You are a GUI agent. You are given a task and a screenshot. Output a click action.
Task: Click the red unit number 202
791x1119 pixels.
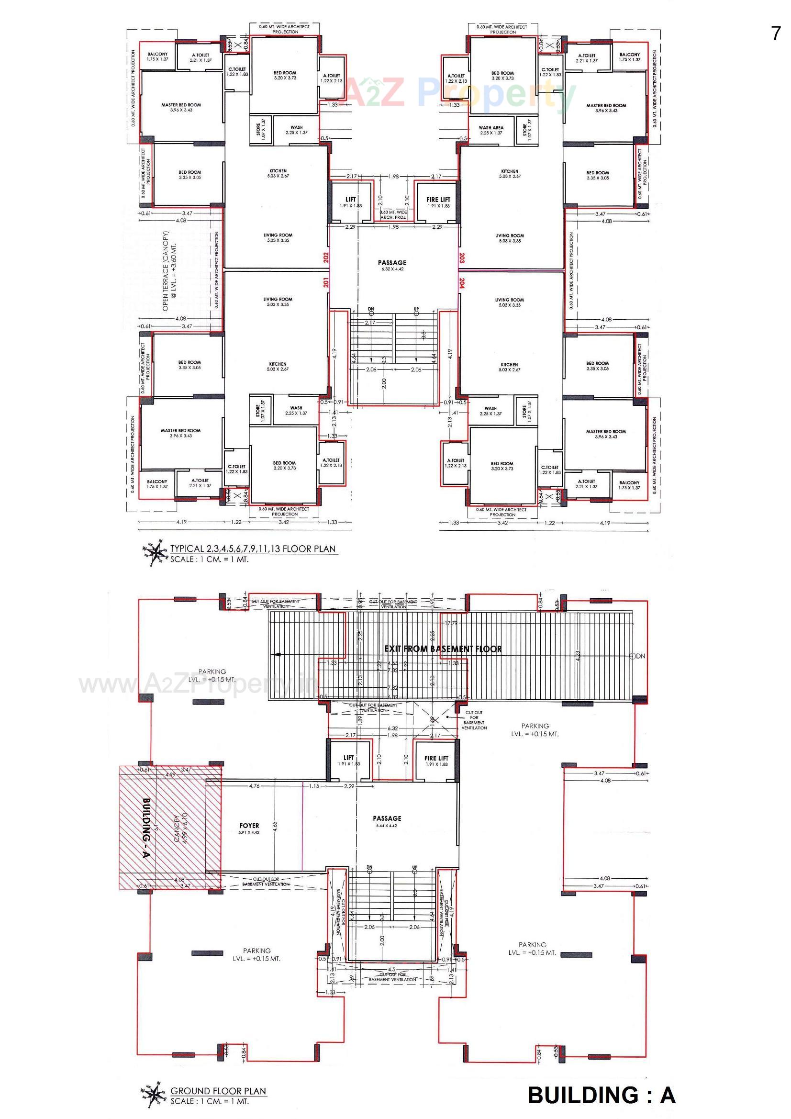coord(326,257)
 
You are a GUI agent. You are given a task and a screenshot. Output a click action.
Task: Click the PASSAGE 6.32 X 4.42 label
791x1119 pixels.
coord(392,265)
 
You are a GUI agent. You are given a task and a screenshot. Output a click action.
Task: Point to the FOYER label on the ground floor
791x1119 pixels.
coord(249,826)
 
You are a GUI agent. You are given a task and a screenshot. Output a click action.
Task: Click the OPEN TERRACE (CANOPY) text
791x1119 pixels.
coord(168,271)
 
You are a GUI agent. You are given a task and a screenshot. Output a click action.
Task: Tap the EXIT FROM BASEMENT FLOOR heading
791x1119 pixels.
coord(443,649)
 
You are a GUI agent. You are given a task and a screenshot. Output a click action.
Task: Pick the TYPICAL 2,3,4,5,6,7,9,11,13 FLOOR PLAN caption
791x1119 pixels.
coord(253,549)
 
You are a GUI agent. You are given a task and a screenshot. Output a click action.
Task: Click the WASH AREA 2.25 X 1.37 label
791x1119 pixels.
coord(491,130)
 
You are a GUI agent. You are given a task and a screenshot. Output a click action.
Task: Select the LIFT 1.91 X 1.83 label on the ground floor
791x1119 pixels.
coord(349,760)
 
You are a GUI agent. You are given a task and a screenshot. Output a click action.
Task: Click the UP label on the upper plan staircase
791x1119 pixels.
coord(416,309)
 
